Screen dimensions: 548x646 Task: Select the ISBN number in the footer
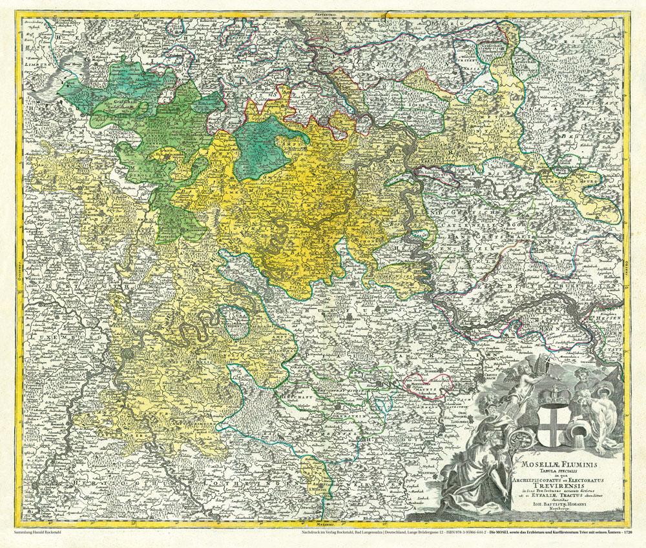[442, 534]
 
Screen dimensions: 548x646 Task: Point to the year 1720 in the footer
[623, 534]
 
